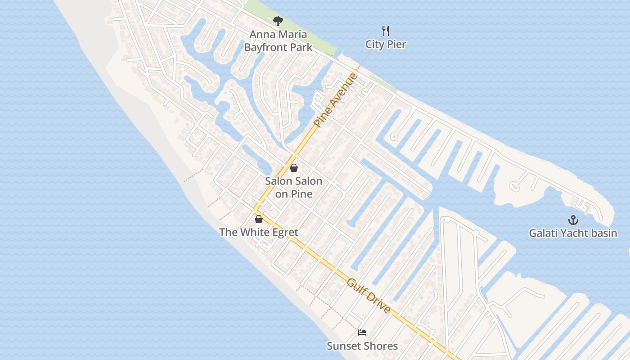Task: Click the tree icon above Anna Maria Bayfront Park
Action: point(278,21)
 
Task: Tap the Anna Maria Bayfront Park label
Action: point(278,40)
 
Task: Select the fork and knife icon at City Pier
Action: point(385,31)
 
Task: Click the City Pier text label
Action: point(386,44)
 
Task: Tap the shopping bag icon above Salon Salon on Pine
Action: point(294,168)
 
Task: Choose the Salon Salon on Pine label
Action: point(293,188)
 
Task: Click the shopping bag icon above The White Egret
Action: point(259,219)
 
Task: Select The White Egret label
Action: point(259,232)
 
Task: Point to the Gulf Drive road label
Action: point(369,296)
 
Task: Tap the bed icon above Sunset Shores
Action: point(362,333)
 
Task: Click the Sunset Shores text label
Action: point(362,346)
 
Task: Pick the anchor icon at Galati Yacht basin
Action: point(573,220)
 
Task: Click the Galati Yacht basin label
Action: point(573,233)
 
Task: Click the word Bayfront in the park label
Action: point(265,47)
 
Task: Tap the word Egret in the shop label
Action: point(284,232)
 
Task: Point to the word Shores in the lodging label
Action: point(379,346)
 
